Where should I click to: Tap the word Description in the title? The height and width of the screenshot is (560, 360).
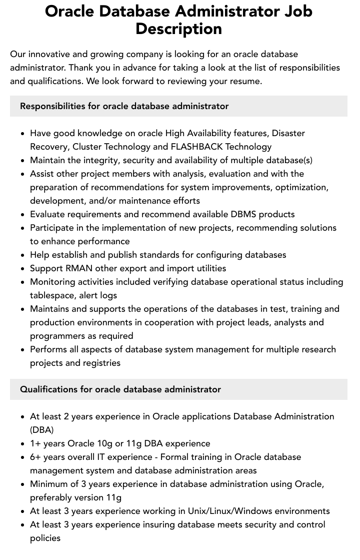178,29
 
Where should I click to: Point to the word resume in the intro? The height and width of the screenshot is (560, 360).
245,81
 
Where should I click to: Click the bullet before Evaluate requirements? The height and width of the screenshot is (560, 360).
22,215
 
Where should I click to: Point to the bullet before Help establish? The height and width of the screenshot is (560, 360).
22,255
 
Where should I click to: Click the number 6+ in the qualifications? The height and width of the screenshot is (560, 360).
35,457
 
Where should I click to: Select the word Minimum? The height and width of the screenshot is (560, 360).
48,484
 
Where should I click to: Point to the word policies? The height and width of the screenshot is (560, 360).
45,538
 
